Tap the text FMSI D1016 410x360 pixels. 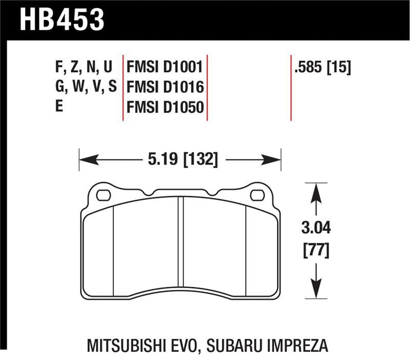[x=165, y=87]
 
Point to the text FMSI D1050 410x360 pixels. [x=165, y=107]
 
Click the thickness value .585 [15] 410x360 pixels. [x=322, y=67]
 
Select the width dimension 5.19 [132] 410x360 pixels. [x=183, y=160]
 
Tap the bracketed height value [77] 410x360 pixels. [x=317, y=251]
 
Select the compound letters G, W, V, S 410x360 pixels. [x=86, y=87]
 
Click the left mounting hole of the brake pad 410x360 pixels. [x=103, y=195]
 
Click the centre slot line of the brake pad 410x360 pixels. [x=180, y=241]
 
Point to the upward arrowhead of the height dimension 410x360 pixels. [x=317, y=192]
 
